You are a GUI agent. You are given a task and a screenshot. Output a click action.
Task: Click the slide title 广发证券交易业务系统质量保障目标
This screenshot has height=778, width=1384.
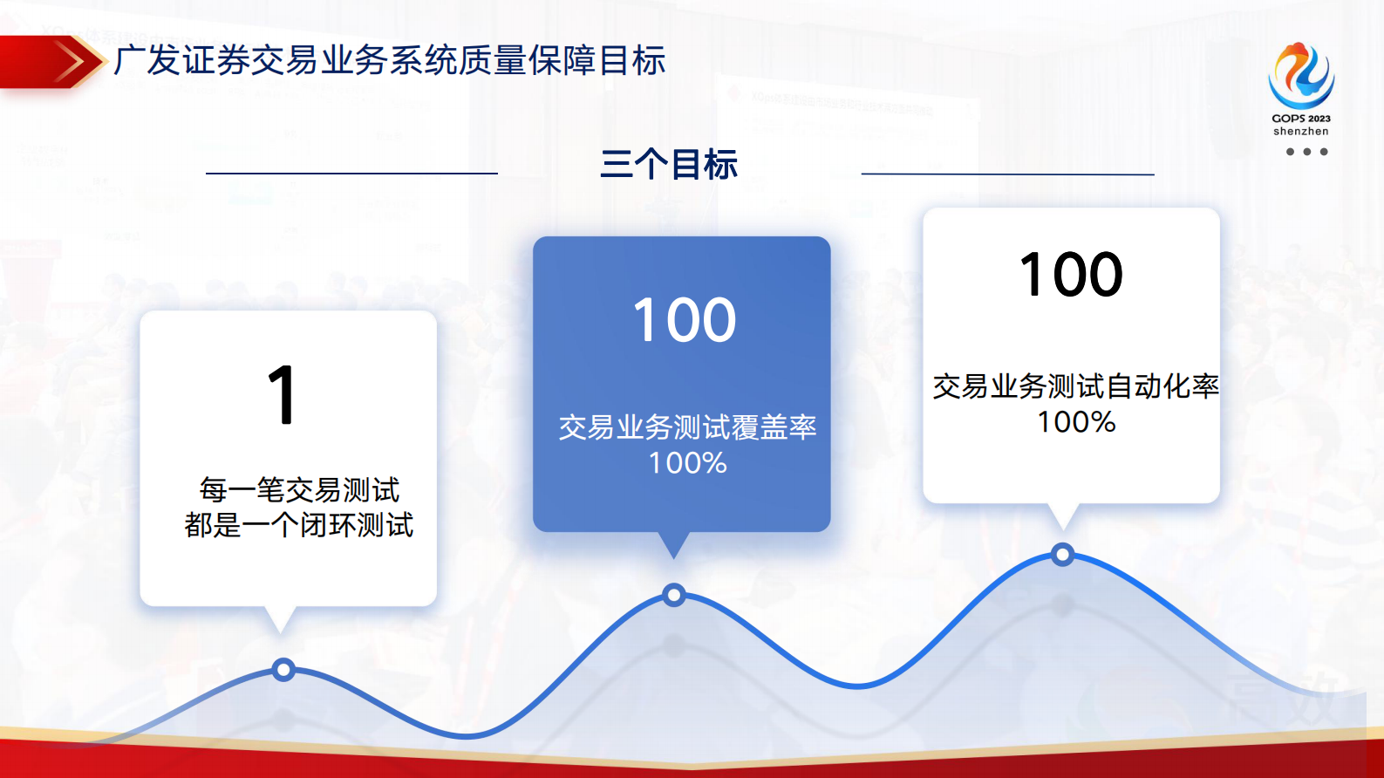tap(389, 61)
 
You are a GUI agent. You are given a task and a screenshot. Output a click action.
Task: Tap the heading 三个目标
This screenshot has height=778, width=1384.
tap(669, 165)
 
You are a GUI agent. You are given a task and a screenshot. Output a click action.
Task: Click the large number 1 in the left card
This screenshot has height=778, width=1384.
tap(283, 395)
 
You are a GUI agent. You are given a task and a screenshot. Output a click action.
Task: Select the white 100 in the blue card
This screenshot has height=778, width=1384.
tap(685, 320)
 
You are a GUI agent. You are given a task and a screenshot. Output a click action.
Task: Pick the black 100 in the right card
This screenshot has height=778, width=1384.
tap(1071, 275)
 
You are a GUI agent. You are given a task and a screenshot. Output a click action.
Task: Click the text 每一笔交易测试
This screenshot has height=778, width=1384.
tap(299, 490)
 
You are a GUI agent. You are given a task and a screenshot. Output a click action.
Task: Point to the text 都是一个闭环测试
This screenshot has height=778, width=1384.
tap(299, 525)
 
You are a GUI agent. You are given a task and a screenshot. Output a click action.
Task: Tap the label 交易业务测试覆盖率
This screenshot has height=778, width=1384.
tap(687, 427)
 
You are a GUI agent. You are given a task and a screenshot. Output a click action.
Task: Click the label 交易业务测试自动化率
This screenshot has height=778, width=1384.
tap(1075, 386)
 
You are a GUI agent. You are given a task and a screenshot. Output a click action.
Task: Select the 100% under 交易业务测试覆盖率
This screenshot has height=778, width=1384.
tap(687, 463)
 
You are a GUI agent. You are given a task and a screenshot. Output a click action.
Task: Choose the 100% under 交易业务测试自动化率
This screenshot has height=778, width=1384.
tap(1076, 422)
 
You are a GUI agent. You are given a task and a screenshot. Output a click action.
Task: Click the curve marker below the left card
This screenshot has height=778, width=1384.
tap(283, 670)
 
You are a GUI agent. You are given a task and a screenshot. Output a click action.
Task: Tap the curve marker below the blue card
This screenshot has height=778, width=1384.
tap(673, 596)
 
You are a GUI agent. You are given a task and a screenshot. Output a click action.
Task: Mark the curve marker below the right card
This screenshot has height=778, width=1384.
tap(1062, 555)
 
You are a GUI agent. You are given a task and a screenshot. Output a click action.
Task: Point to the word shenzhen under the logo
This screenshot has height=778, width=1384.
tap(1301, 132)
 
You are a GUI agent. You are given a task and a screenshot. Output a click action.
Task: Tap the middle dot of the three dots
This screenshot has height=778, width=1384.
tap(1306, 152)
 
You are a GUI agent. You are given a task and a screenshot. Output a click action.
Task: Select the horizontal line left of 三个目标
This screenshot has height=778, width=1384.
tap(351, 174)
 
